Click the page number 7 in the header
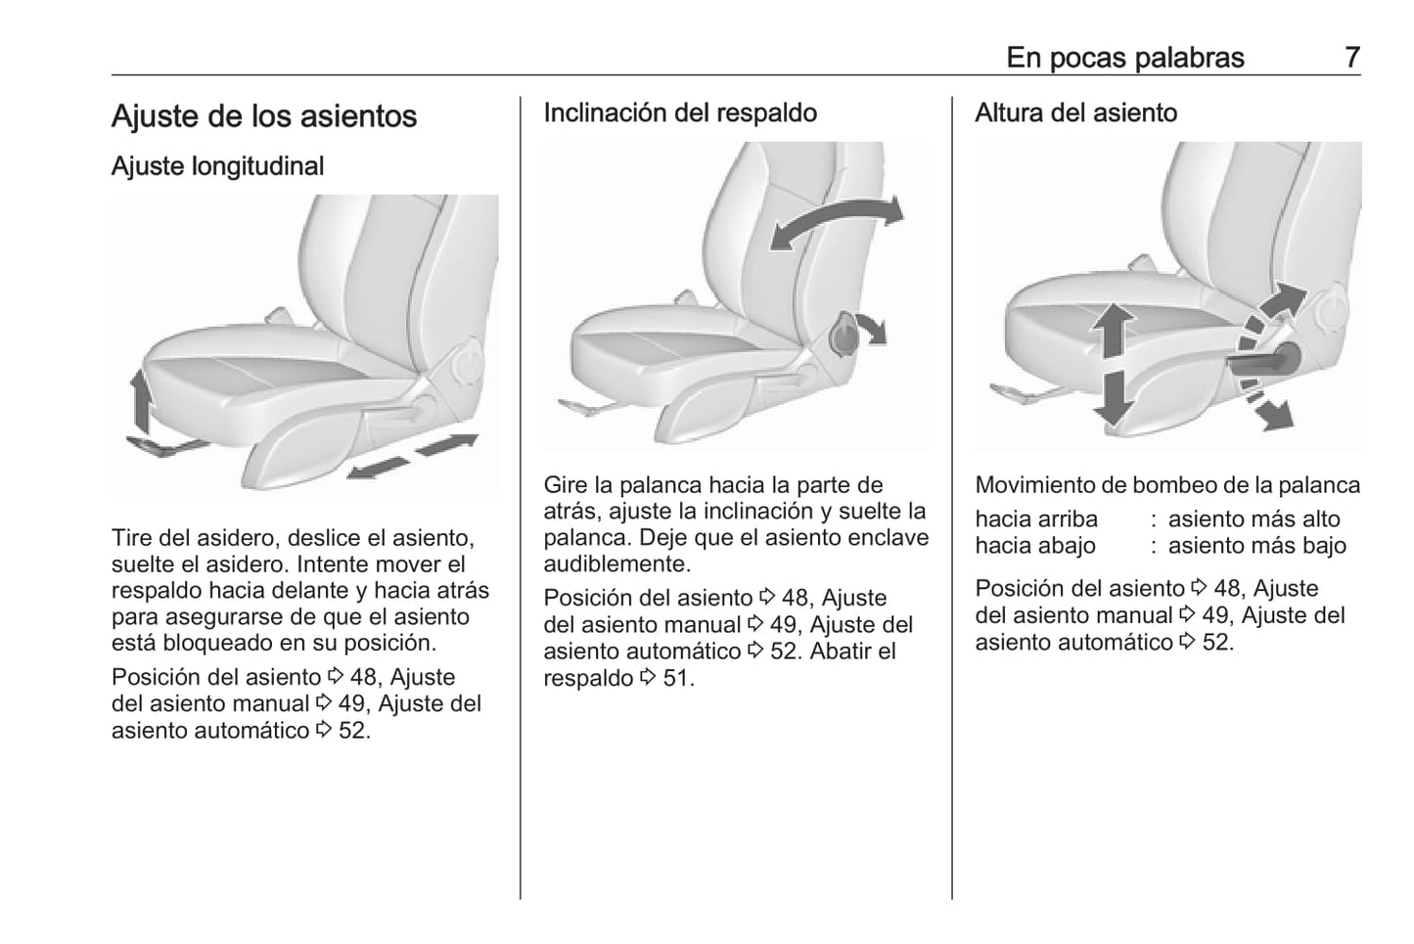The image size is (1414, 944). click(x=1351, y=58)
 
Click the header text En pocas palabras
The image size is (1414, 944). click(x=1124, y=58)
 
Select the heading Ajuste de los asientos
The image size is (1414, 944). click(x=264, y=116)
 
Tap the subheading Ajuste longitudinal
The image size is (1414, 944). click(x=217, y=166)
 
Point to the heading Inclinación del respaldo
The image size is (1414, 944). click(x=680, y=112)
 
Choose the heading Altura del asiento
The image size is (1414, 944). click(x=1075, y=112)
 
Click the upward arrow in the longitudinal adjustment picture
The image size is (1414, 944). click(x=141, y=401)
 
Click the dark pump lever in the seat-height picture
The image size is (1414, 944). click(x=1262, y=361)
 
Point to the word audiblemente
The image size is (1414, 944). click(x=616, y=564)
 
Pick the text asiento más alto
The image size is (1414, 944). click(x=1254, y=519)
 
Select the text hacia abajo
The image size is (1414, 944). click(x=1035, y=546)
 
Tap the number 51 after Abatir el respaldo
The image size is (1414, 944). click(x=676, y=678)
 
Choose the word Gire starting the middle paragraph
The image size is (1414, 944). click(x=566, y=485)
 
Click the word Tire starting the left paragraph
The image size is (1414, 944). click(x=132, y=538)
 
